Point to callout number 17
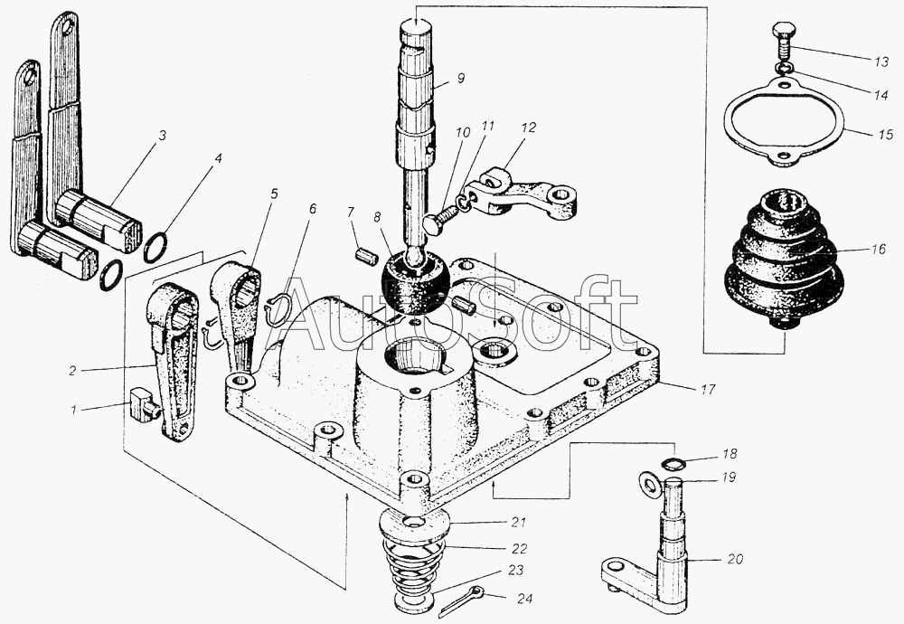click(707, 390)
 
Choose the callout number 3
click(161, 136)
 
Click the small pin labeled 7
click(366, 255)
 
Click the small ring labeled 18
click(670, 465)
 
